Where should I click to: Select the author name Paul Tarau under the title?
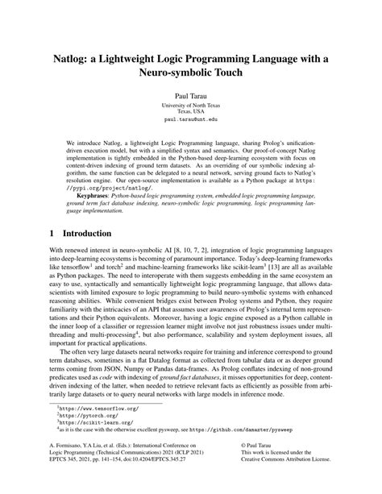pos(190,95)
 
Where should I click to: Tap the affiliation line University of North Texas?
pos(190,105)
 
